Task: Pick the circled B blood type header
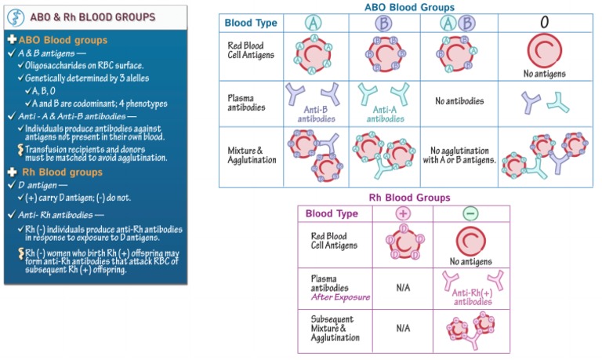pyautogui.click(x=383, y=23)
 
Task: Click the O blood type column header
pyautogui.click(x=543, y=23)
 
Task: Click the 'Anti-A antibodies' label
pyautogui.click(x=383, y=115)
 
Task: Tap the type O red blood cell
pyautogui.click(x=542, y=52)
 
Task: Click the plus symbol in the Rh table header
pyautogui.click(x=404, y=213)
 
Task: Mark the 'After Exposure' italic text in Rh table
pyautogui.click(x=340, y=298)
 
